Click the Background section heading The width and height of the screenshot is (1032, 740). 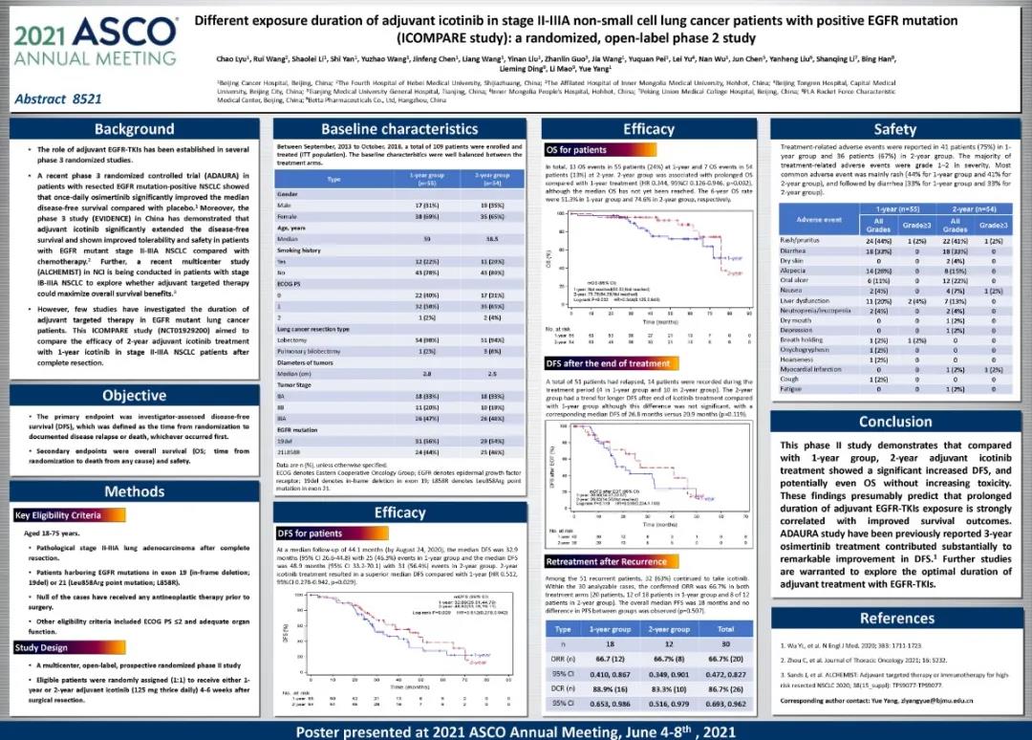(134, 129)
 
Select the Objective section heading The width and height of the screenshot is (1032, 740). (134, 395)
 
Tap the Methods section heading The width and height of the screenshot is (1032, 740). (134, 491)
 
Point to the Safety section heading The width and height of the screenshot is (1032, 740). (894, 129)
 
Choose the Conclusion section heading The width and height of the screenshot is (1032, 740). (894, 422)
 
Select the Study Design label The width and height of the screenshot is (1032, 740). (41, 647)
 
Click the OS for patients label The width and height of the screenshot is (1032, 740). (576, 150)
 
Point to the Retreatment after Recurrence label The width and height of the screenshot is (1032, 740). (606, 561)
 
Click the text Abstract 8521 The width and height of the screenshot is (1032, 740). (58, 98)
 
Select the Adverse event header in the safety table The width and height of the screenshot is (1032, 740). (817, 219)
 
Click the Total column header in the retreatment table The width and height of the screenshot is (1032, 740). (725, 629)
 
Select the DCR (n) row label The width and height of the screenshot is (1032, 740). (563, 687)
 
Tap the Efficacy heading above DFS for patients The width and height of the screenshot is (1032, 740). (400, 513)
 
